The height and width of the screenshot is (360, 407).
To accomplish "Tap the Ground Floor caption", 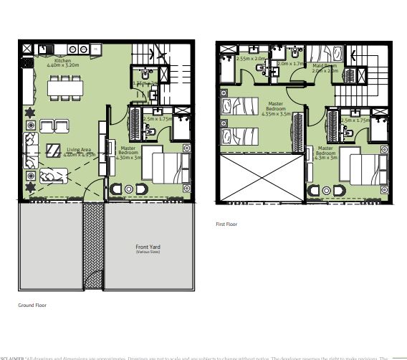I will [32, 305].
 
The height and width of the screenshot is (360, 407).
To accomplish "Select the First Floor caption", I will [227, 224].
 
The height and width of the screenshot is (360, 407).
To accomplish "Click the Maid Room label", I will [324, 66].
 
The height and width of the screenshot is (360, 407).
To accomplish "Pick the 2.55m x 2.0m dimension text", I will [251, 59].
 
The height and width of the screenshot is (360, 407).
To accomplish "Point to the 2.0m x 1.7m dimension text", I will [291, 63].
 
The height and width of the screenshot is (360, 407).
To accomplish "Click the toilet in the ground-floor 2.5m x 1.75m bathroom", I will [150, 132].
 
